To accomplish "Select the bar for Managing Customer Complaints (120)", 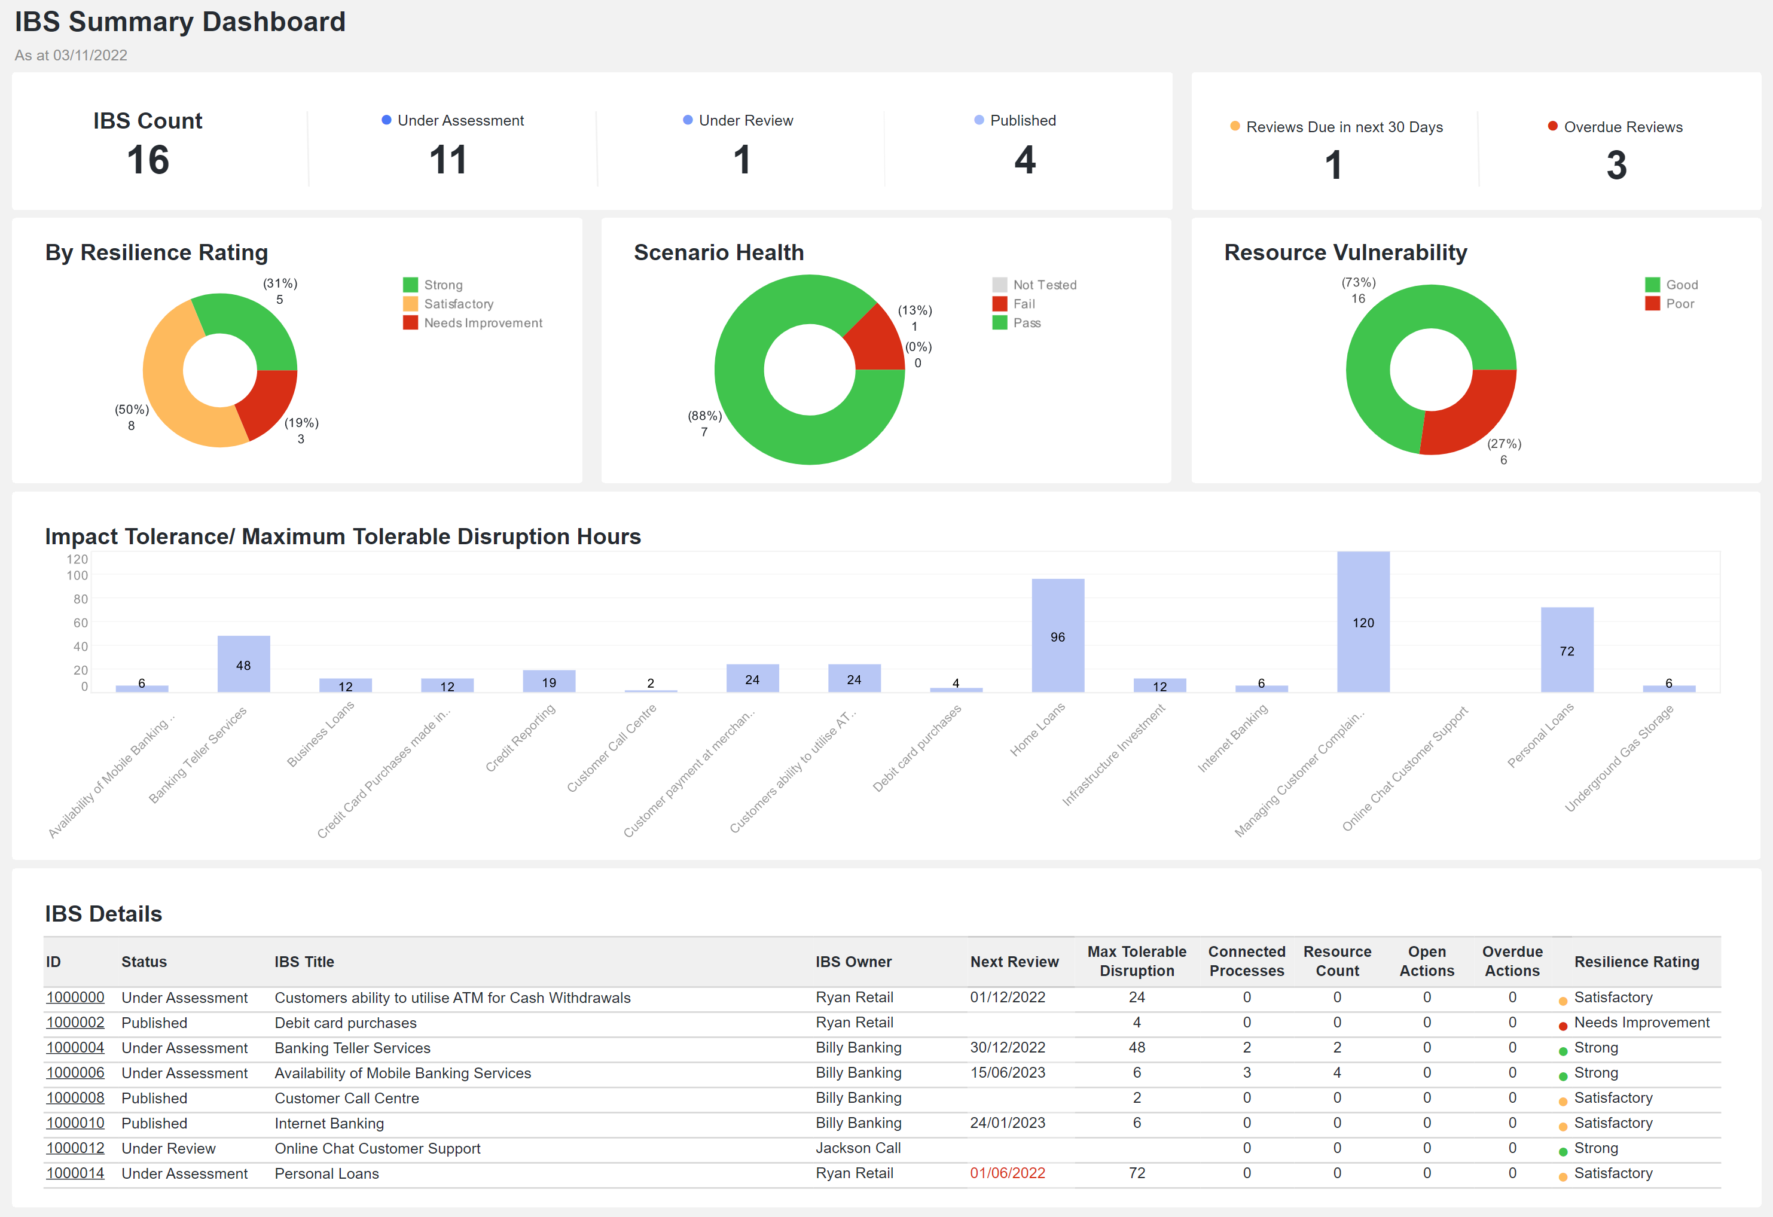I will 1363,622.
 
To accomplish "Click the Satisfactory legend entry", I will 457,304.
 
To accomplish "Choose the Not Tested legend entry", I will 1043,285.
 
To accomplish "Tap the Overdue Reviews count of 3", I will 1616,165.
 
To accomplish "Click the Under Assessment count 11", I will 448,160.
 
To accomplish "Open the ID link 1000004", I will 75,1048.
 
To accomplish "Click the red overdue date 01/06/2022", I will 1007,1173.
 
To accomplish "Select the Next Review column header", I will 1014,962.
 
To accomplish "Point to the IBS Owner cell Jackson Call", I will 857,1148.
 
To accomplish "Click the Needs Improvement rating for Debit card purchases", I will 1641,1023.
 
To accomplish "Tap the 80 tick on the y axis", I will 80,599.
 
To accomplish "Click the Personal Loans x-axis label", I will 1540,736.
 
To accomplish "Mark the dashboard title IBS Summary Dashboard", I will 180,22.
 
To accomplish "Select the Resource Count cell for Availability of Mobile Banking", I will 1336,1073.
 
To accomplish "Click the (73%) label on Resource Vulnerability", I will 1358,282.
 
